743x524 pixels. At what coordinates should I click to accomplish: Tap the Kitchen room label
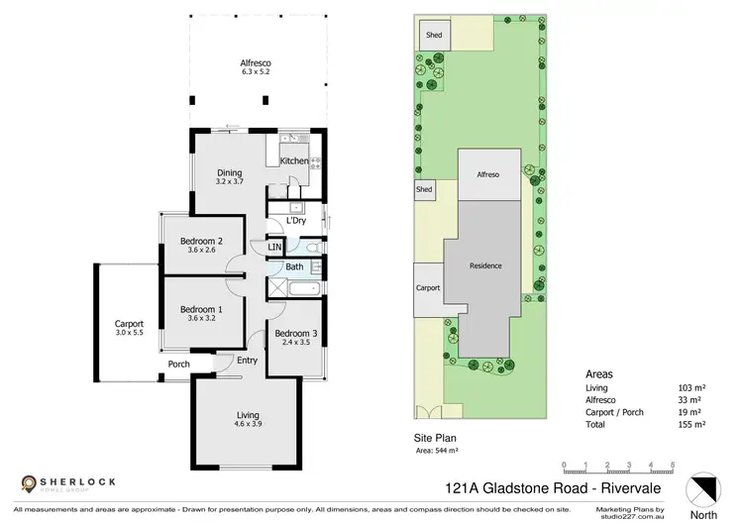click(x=294, y=160)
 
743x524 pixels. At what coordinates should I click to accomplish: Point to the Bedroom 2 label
click(x=200, y=245)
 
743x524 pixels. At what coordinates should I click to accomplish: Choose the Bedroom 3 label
click(x=295, y=338)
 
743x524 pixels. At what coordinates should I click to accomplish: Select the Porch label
click(x=178, y=364)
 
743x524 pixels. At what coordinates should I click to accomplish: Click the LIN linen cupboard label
click(x=274, y=247)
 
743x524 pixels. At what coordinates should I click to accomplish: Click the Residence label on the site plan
click(x=485, y=265)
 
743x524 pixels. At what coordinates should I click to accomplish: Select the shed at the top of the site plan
click(x=433, y=35)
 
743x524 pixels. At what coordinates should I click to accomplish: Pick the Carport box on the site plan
click(x=428, y=287)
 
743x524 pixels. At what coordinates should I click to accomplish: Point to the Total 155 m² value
click(x=689, y=423)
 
